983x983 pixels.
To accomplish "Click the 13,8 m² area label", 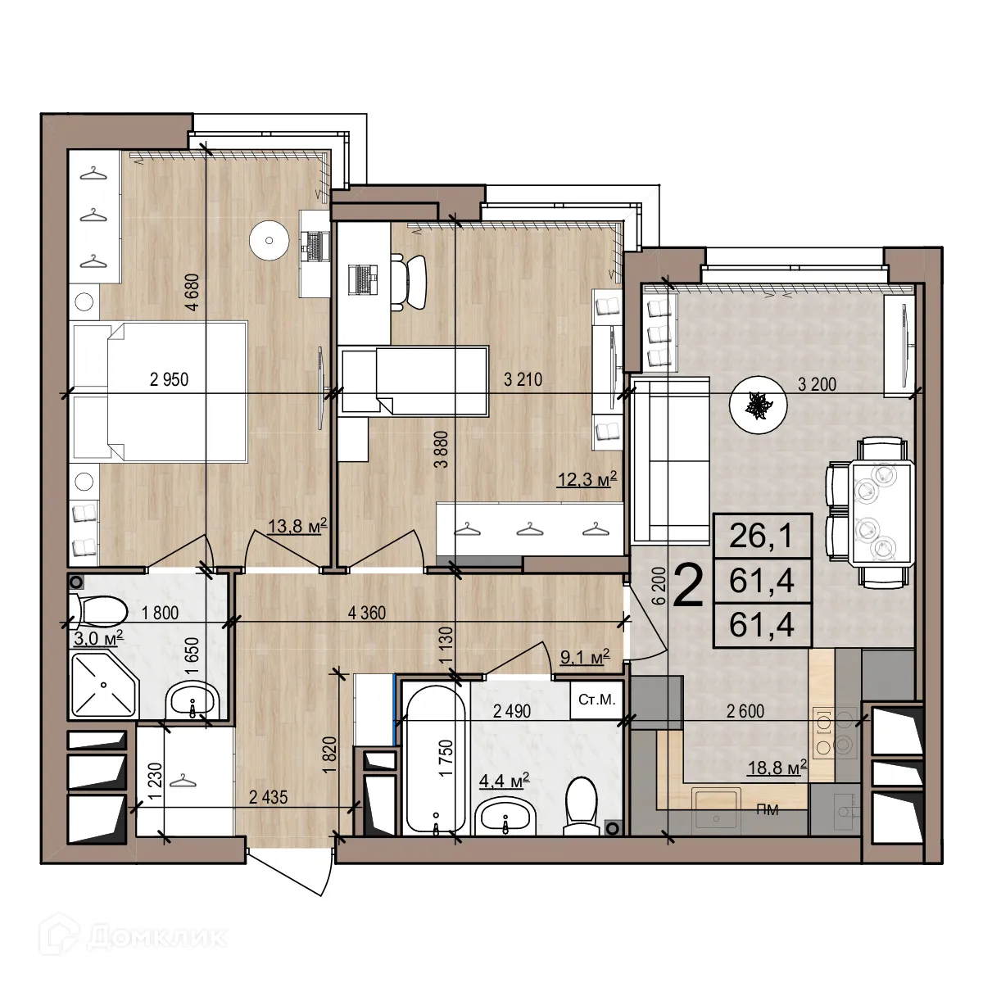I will [x=298, y=527].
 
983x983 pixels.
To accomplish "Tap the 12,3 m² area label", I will [x=587, y=478].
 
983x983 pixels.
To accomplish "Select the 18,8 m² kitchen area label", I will [x=777, y=767].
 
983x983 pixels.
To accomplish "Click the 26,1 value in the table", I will [x=762, y=538].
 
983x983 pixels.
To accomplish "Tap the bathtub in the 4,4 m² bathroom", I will [x=435, y=758].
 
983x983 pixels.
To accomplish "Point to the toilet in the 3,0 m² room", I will [x=100, y=610].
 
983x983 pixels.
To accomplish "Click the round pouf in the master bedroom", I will [x=270, y=240].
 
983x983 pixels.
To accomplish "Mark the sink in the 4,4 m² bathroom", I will [x=505, y=817].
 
